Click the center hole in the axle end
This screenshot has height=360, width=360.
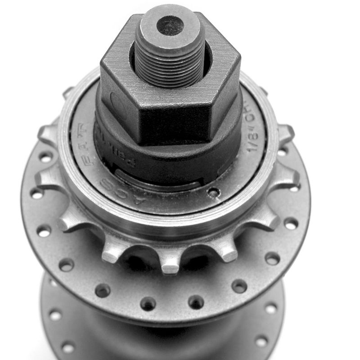tap(170, 25)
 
